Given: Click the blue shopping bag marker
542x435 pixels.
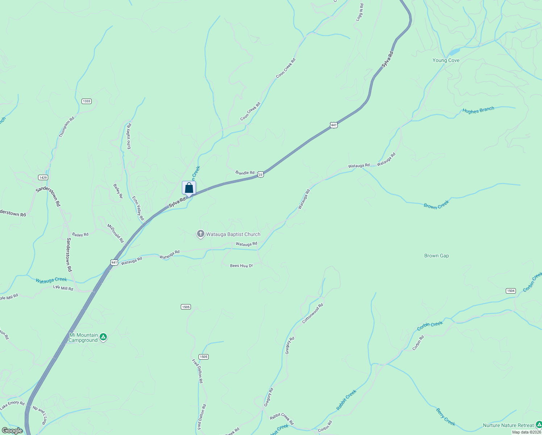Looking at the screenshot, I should click(x=189, y=188).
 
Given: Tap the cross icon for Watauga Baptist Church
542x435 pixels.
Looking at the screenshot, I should click(x=201, y=234).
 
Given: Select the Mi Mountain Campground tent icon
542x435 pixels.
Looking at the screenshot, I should click(x=103, y=337).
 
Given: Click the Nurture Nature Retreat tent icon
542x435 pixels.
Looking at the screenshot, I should click(x=539, y=425).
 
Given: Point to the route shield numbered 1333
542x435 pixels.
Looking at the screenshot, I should click(x=86, y=101).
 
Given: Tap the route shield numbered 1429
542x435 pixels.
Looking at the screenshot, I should click(x=43, y=177).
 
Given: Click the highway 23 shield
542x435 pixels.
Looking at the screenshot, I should click(x=260, y=175).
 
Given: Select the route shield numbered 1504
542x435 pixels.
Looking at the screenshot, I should click(x=510, y=291).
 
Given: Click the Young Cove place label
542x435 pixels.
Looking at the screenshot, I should click(x=446, y=61).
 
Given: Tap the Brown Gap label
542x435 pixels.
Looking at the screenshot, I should click(x=436, y=256).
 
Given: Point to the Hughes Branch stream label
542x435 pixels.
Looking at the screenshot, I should click(x=478, y=110).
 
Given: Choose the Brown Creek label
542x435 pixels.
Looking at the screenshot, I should click(x=436, y=204).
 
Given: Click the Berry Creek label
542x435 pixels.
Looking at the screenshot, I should click(x=445, y=417).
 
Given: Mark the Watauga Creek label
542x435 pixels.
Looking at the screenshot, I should click(x=51, y=280).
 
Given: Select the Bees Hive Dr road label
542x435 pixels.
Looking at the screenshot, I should click(x=241, y=266).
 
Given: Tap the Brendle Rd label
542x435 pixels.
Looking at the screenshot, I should click(x=245, y=173).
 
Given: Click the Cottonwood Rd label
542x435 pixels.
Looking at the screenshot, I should click(x=312, y=313).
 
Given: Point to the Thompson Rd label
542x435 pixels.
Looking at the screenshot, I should click(x=67, y=127).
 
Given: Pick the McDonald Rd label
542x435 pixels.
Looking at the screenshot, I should click(x=116, y=233).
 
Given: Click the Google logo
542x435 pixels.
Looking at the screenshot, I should click(x=12, y=431).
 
